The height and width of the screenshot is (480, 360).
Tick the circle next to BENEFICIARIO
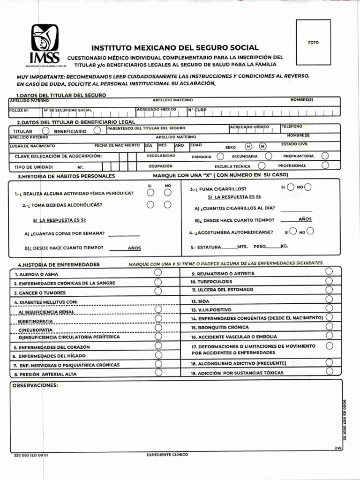[x=97, y=131]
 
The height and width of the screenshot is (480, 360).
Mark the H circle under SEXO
[x=248, y=147]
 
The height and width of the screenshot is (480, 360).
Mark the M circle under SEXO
[x=262, y=147]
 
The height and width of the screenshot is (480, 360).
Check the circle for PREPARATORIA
[x=325, y=156]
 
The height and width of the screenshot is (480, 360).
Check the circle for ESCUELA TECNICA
[x=262, y=165]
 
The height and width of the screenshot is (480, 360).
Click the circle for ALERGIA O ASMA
[x=158, y=273]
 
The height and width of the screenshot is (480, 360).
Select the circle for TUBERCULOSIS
[x=329, y=281]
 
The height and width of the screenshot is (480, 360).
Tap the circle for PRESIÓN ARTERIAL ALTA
[x=158, y=373]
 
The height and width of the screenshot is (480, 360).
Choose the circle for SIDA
[x=329, y=300]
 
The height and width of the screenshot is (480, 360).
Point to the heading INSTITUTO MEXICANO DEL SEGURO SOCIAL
[x=174, y=48]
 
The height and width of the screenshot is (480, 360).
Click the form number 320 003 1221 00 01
[x=31, y=455]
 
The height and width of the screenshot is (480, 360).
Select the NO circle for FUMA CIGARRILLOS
[x=308, y=187]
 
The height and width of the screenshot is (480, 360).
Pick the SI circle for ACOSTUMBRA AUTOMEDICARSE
[x=293, y=230]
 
